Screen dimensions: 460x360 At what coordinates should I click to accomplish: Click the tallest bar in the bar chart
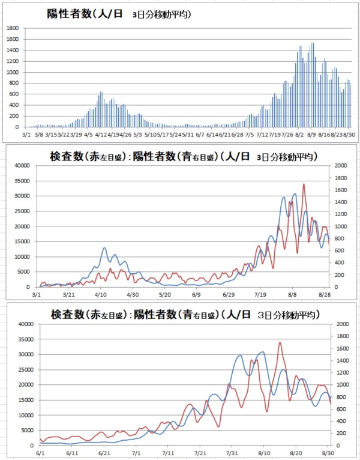[x=313, y=43]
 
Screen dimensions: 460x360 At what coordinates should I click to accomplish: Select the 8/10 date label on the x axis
[x=265, y=453]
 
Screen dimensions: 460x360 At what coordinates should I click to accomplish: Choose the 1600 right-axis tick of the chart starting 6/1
[x=341, y=348]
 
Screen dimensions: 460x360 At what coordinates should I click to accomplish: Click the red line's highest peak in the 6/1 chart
[x=280, y=342]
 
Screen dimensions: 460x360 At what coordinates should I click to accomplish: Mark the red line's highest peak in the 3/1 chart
[x=304, y=184]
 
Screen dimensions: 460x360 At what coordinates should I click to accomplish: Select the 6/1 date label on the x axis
[x=39, y=453]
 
